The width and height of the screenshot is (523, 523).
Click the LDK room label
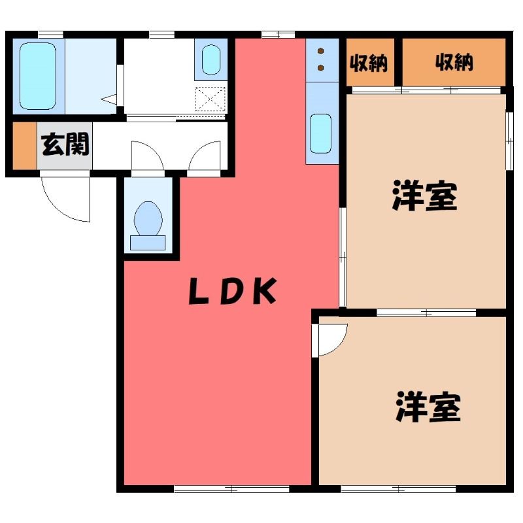233,291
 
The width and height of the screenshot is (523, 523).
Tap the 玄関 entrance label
65,144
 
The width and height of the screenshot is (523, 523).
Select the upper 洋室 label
424,195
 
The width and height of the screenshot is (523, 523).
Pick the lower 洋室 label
428,407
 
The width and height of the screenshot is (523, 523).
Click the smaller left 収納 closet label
369,63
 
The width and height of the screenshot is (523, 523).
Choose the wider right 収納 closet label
454,62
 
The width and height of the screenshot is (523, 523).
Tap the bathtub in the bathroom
38,76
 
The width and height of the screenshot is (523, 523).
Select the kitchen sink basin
320,134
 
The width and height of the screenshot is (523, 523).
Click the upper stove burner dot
321,51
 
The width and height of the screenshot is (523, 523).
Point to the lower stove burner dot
321,68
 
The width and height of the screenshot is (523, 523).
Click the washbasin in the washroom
211,59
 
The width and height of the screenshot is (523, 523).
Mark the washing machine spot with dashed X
210,99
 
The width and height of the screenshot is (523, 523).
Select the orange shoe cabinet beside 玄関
24,146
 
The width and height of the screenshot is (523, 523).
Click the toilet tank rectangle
148,243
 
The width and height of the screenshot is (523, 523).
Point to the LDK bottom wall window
231,489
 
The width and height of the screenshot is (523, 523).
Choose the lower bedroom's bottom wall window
398,489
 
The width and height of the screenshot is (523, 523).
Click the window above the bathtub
51,35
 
